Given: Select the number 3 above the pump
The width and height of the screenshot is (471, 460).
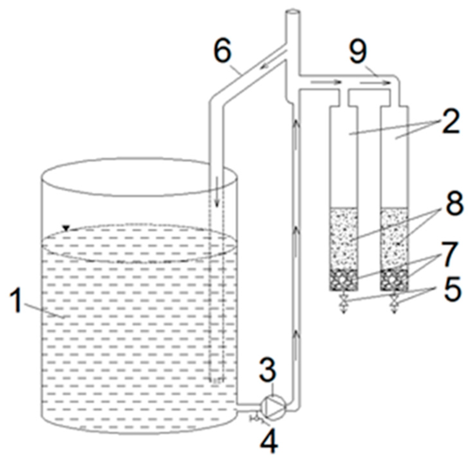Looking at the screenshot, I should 267,371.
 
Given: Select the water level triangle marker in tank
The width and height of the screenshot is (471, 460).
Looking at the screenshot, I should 66,228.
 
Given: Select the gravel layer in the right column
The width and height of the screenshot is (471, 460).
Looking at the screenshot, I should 394,280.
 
